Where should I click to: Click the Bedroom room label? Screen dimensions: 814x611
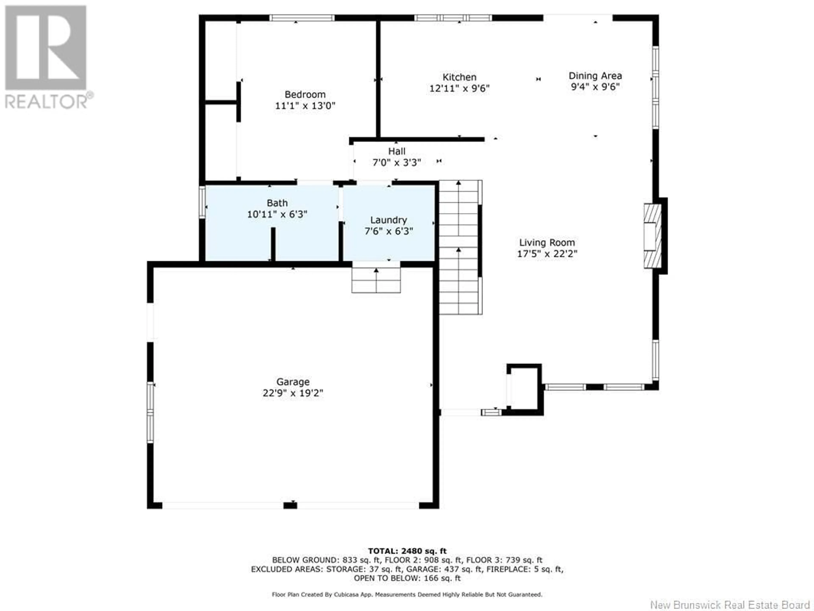tap(305, 95)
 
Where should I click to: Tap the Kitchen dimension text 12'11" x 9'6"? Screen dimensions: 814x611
tap(459, 89)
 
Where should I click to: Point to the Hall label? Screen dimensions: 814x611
tap(397, 151)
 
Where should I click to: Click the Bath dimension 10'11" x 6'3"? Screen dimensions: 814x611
tap(277, 214)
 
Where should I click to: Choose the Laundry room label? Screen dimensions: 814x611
tap(389, 220)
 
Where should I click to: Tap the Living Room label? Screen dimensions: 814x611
tap(547, 243)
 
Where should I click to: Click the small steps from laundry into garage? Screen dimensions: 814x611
tap(376, 277)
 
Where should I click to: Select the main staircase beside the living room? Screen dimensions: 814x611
tap(461, 247)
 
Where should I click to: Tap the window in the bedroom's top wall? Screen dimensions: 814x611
tap(302, 18)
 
